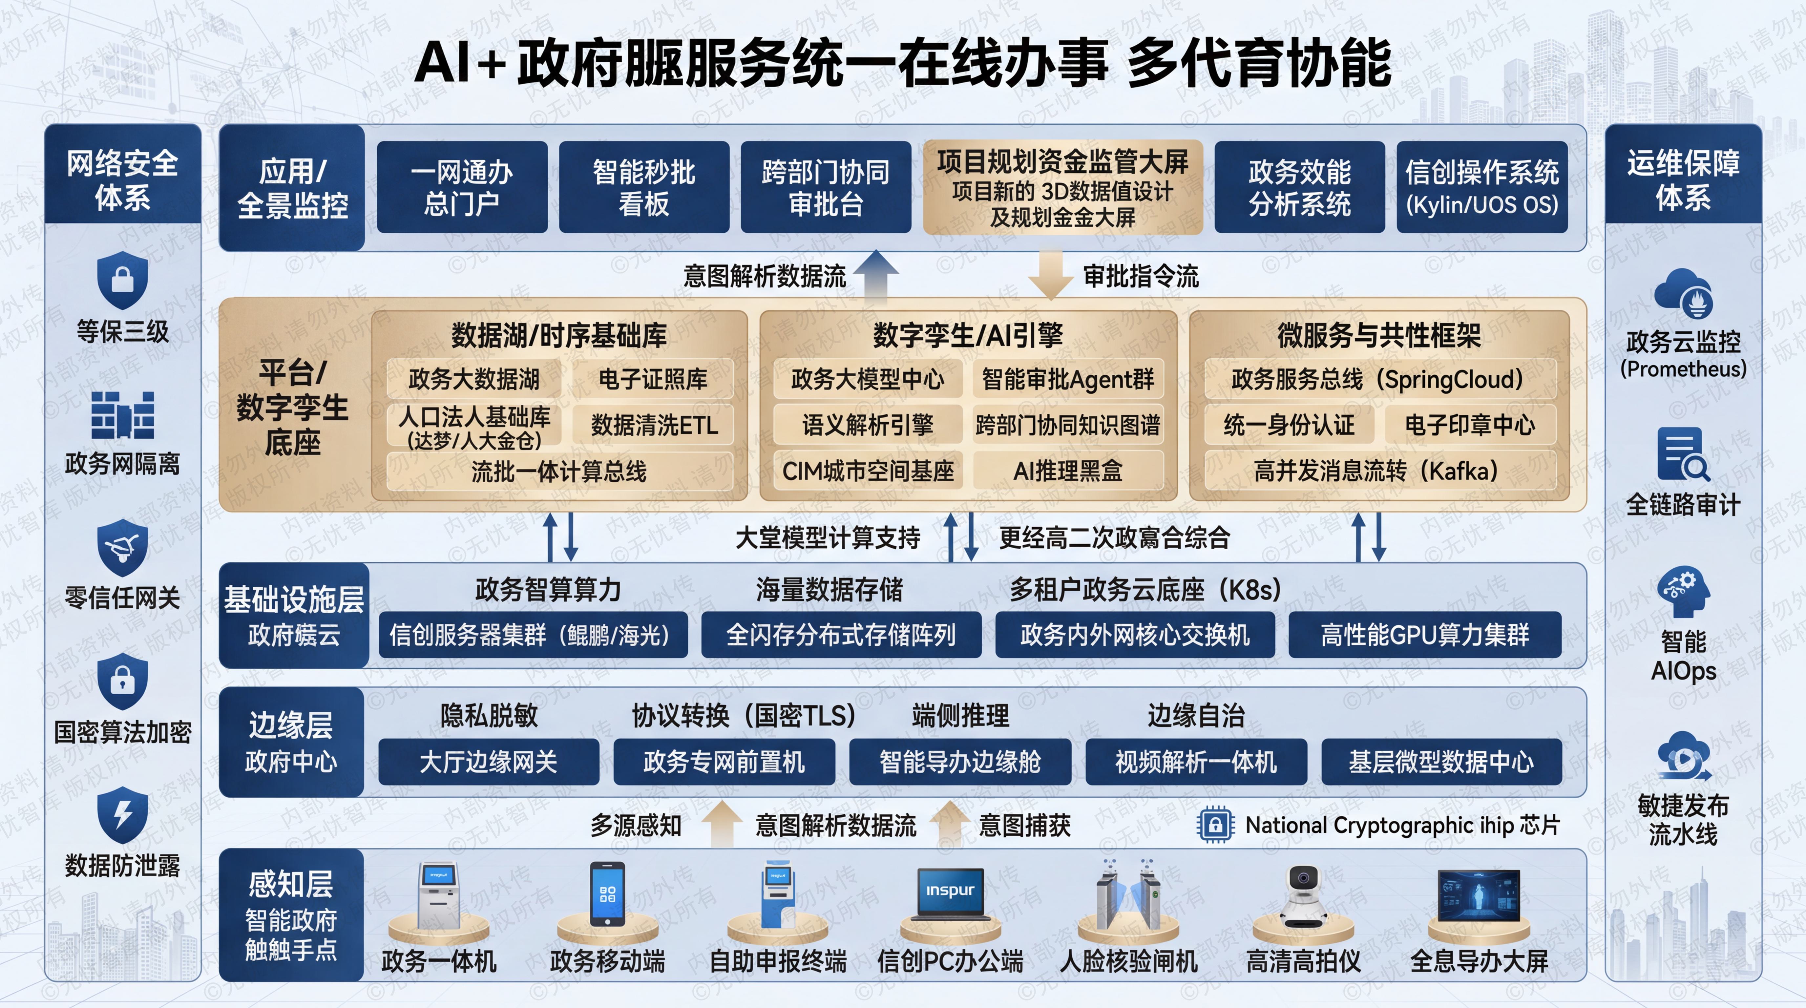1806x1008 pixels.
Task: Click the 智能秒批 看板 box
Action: click(643, 187)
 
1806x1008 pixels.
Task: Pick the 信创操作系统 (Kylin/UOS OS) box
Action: click(1481, 187)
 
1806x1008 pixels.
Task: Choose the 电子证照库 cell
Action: click(653, 379)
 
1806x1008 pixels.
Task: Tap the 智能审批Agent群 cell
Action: click(1068, 379)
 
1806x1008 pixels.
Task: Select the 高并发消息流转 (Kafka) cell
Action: click(1378, 470)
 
